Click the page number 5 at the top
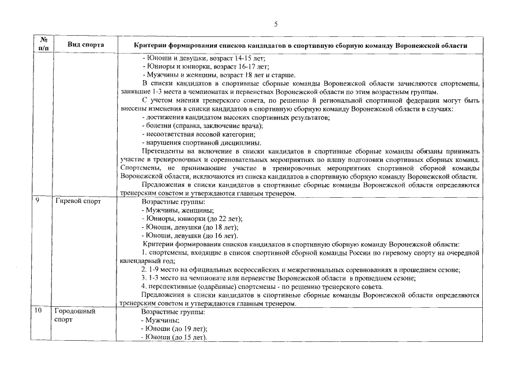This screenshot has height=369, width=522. coord(276,24)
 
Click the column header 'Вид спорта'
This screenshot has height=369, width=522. coord(85,44)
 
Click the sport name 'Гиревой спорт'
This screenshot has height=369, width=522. coord(78,202)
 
